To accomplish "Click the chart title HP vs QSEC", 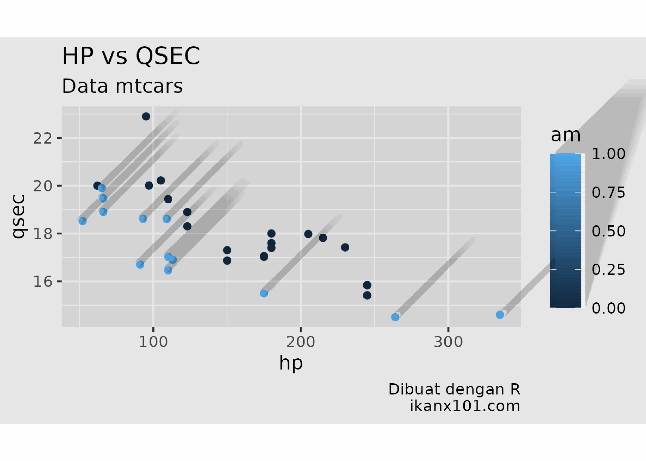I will coord(131,56).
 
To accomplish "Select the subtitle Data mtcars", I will coord(122,86).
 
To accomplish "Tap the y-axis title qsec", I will coord(19,216).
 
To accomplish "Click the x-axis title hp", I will coord(291,363).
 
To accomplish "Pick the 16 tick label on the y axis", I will coord(43,282).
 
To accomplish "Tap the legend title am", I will coord(566,135).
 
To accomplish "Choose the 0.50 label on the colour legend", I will coord(608,231).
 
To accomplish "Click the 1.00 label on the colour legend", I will coord(608,154).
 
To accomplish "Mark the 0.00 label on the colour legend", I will coord(608,308).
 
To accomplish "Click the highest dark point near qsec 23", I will coord(146,116).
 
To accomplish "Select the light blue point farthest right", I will coord(500,315).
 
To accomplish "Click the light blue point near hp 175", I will coord(264,293).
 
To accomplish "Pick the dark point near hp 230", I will coord(345,248).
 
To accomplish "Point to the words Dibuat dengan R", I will coord(454,389).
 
